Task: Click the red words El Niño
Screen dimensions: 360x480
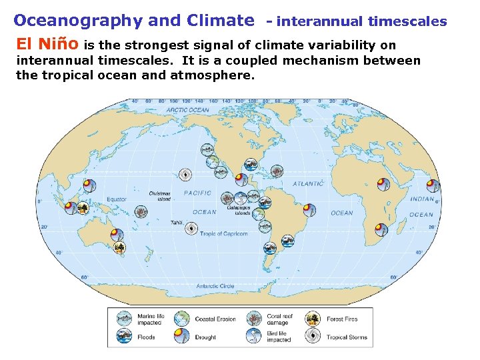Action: pos(46,45)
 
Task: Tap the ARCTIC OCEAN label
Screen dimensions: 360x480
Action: pos(187,110)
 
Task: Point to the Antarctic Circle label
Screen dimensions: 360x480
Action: pos(215,286)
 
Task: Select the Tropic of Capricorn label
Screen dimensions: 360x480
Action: pos(224,234)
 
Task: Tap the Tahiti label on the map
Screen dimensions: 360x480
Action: pos(176,223)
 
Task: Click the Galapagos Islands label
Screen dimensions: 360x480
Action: pos(238,211)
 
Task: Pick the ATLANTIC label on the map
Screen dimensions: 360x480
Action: pos(308,183)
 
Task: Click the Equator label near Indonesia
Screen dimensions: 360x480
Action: pos(117,199)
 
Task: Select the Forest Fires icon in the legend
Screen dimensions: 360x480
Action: pos(313,319)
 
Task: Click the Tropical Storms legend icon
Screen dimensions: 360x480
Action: pos(313,336)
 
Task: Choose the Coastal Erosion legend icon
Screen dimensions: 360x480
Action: pos(182,319)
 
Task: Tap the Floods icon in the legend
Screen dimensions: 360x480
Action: pos(124,336)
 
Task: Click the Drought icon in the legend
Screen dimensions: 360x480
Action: pos(182,336)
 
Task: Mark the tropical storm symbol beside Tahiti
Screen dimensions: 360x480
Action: pos(191,229)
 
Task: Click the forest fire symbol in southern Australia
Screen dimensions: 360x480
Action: pos(119,248)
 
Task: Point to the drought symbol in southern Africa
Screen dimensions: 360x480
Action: pos(380,231)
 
